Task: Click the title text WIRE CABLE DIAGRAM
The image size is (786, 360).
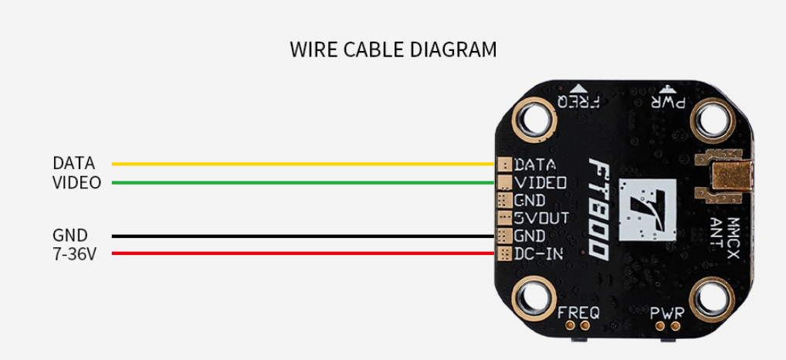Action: coord(393,49)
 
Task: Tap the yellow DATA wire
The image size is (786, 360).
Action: coord(303,164)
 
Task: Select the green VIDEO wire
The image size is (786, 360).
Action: coord(303,182)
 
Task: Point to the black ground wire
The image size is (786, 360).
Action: coord(303,236)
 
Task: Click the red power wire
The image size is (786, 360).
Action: coord(303,253)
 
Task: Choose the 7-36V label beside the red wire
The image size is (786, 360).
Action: coord(74,253)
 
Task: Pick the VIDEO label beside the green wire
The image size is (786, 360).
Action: coord(76,183)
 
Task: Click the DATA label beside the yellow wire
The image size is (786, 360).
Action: coord(73,164)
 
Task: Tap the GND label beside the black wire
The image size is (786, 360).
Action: coord(70,235)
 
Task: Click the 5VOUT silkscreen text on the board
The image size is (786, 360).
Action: coord(541,218)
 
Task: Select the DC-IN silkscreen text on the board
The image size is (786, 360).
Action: coord(538,254)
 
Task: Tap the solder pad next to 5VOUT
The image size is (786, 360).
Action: coord(504,218)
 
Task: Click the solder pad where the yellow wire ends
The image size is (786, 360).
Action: coord(504,164)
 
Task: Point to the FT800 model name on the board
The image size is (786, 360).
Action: coord(598,209)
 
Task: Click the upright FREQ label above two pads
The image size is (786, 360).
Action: coord(578,314)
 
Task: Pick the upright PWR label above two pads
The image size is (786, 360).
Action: coord(667,314)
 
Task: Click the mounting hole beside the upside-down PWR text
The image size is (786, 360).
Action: coord(713,119)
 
